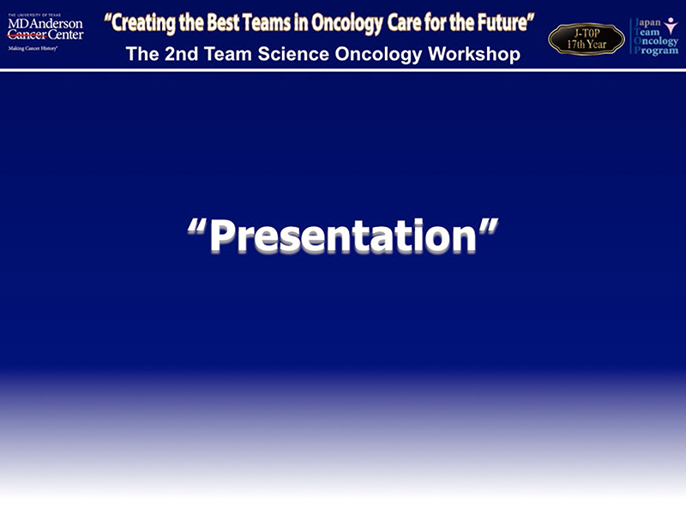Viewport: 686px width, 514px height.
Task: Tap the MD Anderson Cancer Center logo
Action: [x=45, y=33]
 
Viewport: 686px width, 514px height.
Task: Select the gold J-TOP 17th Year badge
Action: [x=587, y=39]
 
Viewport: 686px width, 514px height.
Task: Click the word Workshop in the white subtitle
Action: [x=474, y=54]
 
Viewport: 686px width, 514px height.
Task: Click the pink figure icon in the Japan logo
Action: [x=671, y=26]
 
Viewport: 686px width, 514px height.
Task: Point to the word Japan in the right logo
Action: [x=647, y=22]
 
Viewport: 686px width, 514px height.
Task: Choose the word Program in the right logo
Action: [x=656, y=50]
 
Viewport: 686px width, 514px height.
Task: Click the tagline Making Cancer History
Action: [x=33, y=49]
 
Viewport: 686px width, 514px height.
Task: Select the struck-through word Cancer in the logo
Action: [x=27, y=35]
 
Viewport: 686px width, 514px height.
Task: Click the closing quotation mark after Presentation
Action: [x=489, y=227]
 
